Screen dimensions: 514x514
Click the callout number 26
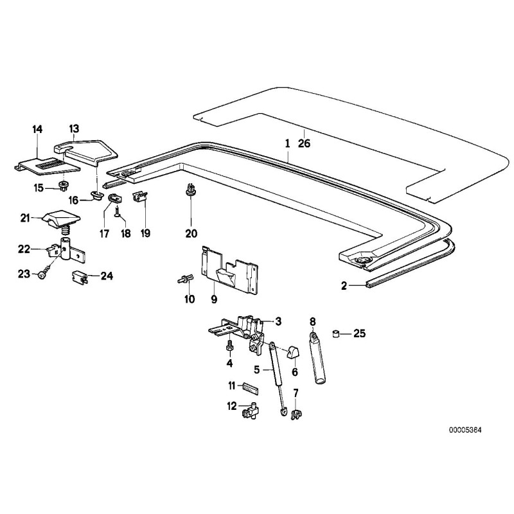click(x=304, y=144)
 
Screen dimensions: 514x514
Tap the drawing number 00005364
click(x=467, y=429)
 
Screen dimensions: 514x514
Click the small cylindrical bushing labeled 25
click(x=335, y=333)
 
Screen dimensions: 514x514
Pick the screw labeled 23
click(x=42, y=275)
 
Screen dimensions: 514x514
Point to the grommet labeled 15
click(x=63, y=186)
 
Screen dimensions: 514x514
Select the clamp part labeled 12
click(x=251, y=411)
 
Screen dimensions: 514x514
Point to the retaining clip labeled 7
click(x=296, y=415)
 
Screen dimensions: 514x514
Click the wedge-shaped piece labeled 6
click(x=294, y=351)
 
